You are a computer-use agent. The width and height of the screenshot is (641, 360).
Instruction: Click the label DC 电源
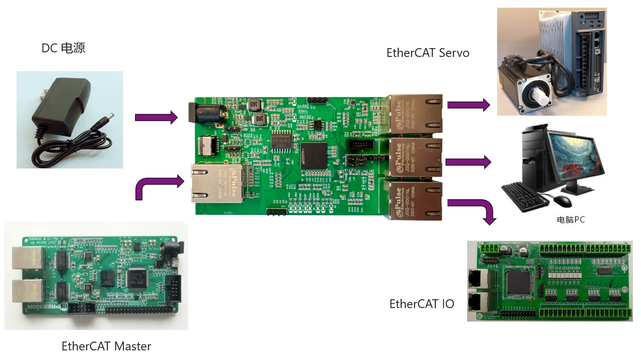coord(63,48)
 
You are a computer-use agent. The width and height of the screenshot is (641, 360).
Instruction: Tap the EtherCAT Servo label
coord(427,53)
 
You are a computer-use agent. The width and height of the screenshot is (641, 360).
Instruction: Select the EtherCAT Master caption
coord(106,346)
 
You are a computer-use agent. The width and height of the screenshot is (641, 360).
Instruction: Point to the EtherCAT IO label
coord(422,304)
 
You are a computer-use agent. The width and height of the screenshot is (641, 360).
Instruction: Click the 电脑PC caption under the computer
coord(571,220)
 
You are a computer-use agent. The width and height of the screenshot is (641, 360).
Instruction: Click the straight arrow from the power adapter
coord(156,117)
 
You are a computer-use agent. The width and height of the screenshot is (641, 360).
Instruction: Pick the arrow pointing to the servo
coord(468,105)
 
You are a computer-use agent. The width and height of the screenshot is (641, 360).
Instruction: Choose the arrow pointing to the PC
coord(468,162)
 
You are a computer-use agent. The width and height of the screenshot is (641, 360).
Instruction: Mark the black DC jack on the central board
coord(205,113)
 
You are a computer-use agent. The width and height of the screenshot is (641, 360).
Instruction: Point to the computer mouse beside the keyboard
coord(563,200)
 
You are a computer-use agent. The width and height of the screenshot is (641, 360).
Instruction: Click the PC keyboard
coord(526,196)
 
